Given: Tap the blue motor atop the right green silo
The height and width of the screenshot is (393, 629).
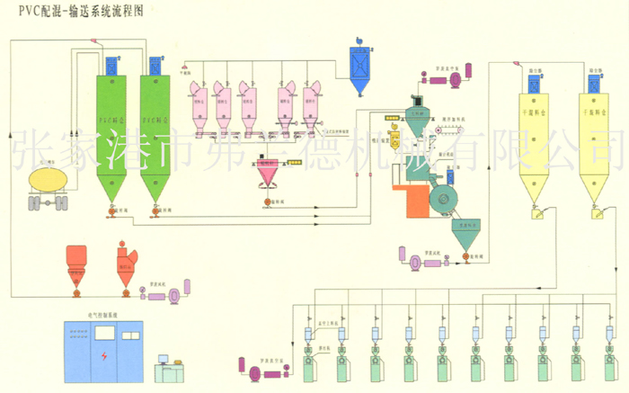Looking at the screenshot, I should click(x=155, y=66).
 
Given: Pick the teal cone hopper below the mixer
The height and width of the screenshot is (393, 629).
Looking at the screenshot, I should click(x=468, y=234).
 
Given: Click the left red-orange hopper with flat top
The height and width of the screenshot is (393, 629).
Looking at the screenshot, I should click(x=77, y=260).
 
